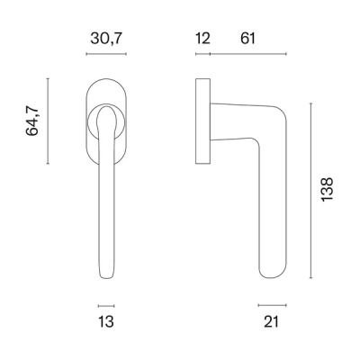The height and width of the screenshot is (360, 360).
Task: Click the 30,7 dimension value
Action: [106, 39]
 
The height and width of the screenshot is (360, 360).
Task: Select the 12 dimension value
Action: [202, 39]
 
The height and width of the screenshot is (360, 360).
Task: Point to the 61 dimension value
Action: [247, 39]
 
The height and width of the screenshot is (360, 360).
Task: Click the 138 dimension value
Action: [327, 190]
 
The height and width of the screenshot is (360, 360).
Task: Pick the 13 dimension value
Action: [106, 321]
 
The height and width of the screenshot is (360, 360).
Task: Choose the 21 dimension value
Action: [272, 321]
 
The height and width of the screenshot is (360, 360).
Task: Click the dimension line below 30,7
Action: [106, 54]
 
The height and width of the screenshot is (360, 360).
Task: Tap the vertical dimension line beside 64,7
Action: [48, 121]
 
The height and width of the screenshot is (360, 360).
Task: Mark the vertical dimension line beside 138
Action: [311, 191]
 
